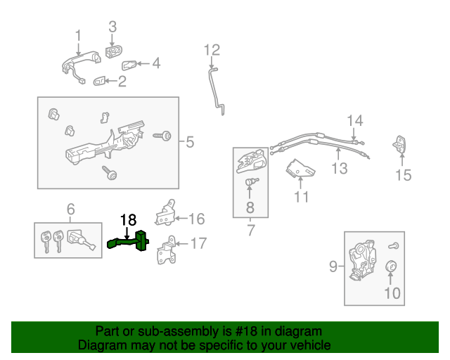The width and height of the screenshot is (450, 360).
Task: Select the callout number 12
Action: tap(212, 50)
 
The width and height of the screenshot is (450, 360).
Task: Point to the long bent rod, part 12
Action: tap(216, 88)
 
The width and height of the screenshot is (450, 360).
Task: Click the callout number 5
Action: tap(189, 143)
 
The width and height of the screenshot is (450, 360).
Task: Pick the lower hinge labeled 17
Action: tap(167, 251)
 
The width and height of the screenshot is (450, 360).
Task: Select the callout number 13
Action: tap(340, 169)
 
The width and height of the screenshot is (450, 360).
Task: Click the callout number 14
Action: tap(354, 120)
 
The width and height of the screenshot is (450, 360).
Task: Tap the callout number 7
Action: tap(250, 229)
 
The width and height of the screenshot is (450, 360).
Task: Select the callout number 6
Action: tap(70, 209)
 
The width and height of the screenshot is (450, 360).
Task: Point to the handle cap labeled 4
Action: tap(131, 65)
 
